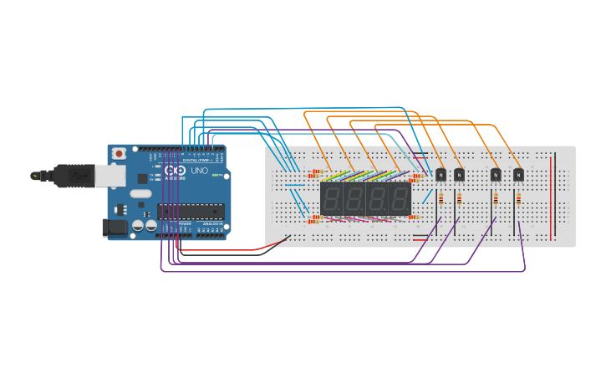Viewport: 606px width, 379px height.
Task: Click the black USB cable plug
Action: coord(70,175)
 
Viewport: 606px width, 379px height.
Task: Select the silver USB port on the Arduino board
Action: coord(106,174)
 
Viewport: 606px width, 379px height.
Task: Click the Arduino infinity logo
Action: coord(174,171)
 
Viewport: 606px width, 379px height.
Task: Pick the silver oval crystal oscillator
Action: coord(140,194)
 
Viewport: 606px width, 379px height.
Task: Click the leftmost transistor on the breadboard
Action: coord(440,174)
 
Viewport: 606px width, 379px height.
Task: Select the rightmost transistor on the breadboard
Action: coord(519,174)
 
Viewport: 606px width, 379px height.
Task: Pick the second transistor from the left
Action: coord(459,174)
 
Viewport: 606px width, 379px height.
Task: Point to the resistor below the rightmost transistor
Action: coord(519,199)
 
